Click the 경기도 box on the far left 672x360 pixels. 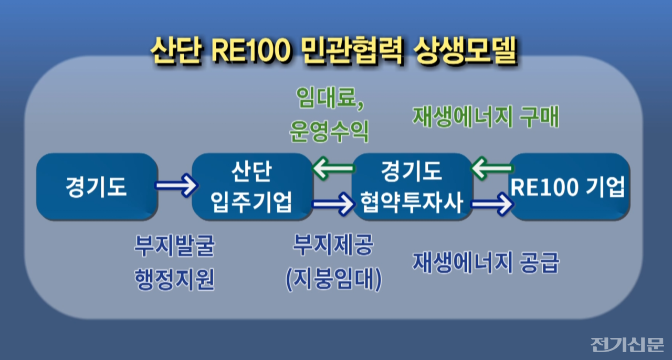[x=97, y=186]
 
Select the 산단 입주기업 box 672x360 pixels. [x=253, y=186]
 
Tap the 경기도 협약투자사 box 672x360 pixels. [x=412, y=186]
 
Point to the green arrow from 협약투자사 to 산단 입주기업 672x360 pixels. [x=333, y=169]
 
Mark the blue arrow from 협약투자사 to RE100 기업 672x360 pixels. [x=491, y=203]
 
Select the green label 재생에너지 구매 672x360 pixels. [x=486, y=117]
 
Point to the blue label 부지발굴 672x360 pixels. [x=174, y=245]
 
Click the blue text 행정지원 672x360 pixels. [x=174, y=279]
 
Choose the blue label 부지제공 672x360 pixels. [x=333, y=245]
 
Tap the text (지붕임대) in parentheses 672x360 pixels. [x=333, y=280]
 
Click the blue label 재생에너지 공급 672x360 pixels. [x=486, y=262]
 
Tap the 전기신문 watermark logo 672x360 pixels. [x=627, y=344]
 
